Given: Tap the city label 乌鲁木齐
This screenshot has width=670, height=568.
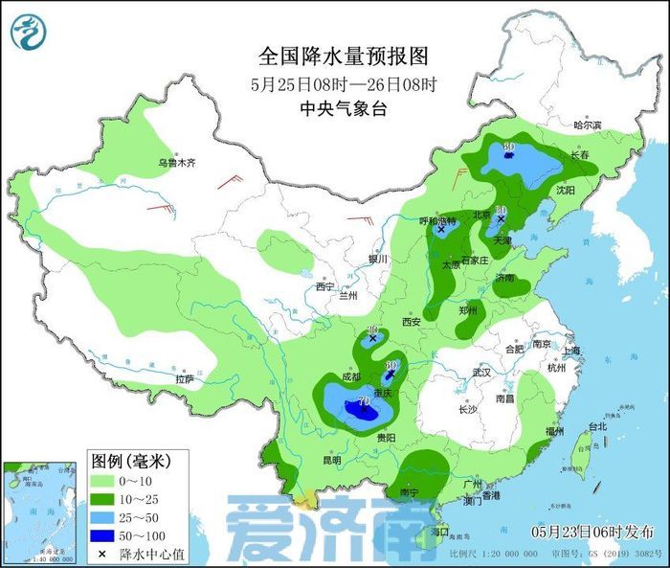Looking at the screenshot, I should pos(176,164).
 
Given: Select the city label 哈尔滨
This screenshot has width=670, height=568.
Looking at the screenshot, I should pos(587,125).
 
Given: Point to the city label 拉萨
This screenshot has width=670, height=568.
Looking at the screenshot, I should pos(185,379).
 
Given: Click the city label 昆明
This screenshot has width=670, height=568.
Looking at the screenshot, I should pos(331,460).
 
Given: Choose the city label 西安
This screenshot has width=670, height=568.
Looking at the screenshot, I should pos(412,323).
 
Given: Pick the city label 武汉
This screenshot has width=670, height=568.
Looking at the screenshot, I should pos(480,372).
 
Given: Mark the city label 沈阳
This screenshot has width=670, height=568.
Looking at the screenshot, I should pos(566,191).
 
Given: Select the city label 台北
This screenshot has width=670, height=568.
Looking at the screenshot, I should pos(596,426).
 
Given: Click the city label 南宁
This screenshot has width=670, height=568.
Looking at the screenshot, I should pos(410,492).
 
